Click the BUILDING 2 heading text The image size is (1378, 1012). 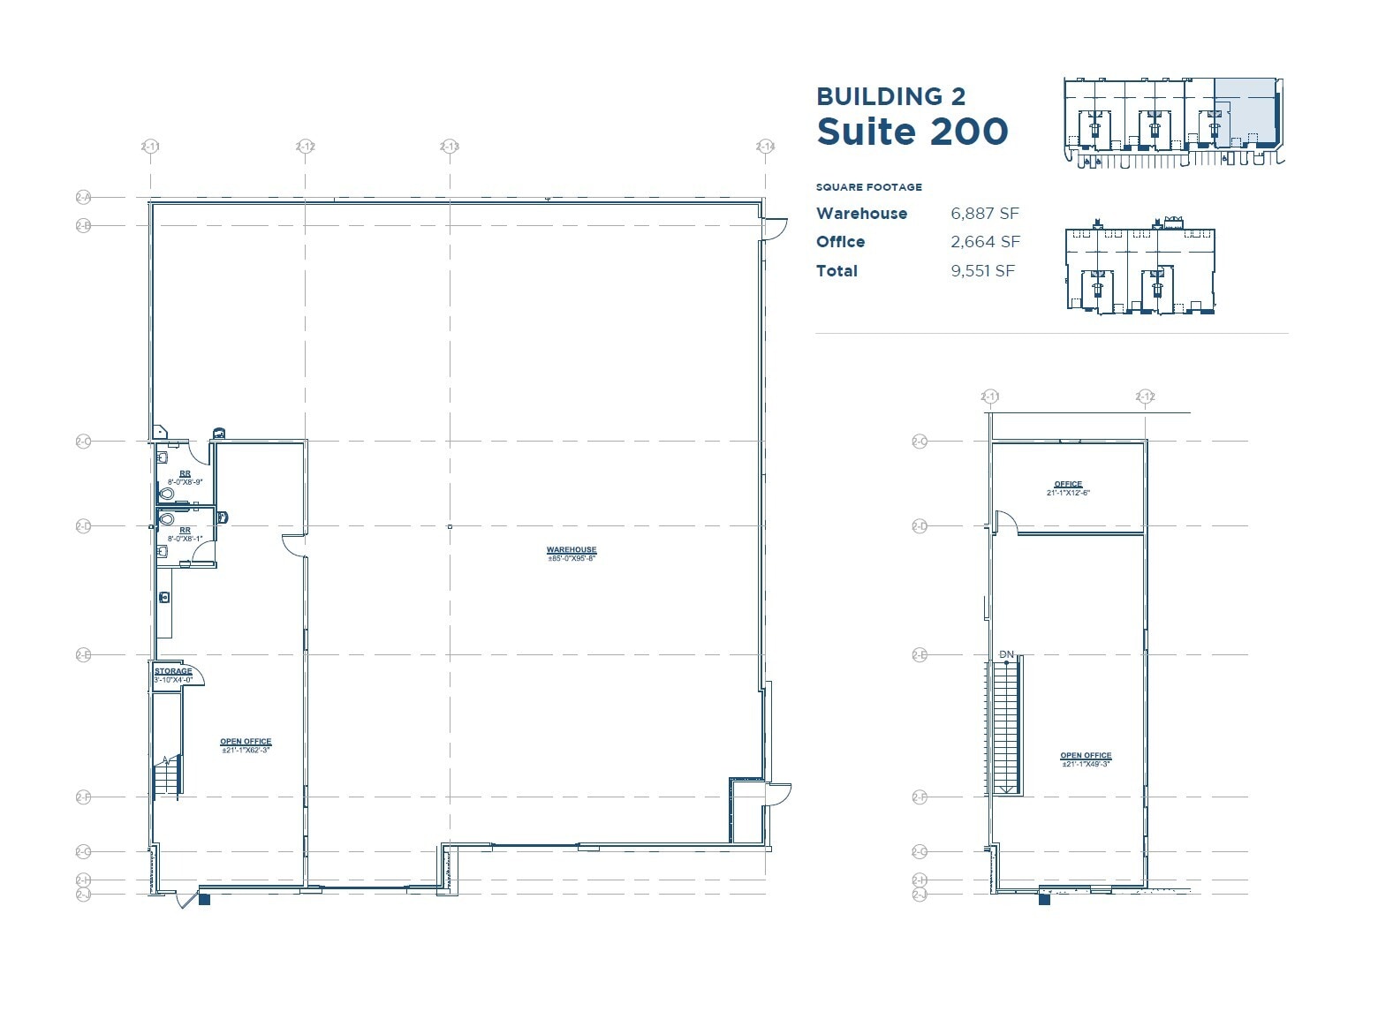tap(890, 96)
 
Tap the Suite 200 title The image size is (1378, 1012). tap(912, 132)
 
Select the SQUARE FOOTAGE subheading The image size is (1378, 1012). tap(868, 187)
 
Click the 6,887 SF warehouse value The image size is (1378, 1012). tap(985, 214)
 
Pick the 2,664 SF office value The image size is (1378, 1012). tap(985, 242)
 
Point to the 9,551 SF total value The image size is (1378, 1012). tap(982, 271)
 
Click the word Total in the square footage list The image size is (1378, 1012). tap(837, 271)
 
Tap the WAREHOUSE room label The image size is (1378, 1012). tap(572, 550)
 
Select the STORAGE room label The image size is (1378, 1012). tap(173, 671)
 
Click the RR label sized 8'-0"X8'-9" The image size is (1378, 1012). tap(185, 474)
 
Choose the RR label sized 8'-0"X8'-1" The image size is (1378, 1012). tap(185, 531)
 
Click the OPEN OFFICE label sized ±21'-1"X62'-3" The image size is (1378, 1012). tap(246, 742)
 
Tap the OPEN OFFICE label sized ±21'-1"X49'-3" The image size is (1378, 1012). tap(1086, 756)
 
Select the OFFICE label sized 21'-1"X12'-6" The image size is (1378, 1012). tap(1068, 484)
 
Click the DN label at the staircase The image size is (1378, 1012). tap(1006, 654)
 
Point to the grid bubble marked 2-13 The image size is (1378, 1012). tap(450, 147)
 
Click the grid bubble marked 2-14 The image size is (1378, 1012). tap(765, 147)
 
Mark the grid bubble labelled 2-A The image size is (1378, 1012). tap(83, 198)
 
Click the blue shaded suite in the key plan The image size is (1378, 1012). tap(1245, 110)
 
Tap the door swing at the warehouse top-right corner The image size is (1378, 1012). tap(775, 229)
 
